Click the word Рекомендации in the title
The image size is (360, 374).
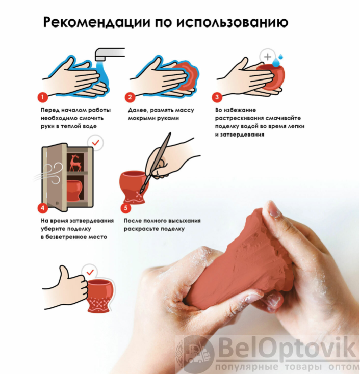point(97,22)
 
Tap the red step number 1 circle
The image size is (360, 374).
point(43,97)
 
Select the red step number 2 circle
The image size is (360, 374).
point(130,97)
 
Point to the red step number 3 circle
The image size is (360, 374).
point(217,97)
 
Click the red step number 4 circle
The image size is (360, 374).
point(43,208)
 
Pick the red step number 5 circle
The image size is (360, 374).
point(126,208)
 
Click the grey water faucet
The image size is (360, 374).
point(110,54)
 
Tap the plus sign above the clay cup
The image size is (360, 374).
point(268,57)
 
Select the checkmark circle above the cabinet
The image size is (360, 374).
point(95,143)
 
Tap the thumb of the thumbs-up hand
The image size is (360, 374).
point(64,274)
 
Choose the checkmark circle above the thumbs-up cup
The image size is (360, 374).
point(90,272)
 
